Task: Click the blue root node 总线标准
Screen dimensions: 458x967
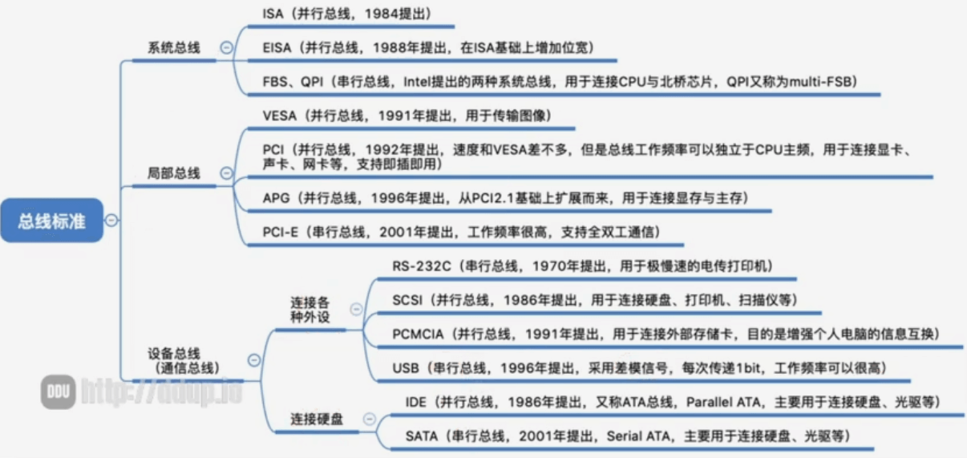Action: click(52, 220)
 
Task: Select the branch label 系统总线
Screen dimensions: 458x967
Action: click(174, 47)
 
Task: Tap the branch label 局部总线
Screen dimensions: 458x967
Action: click(174, 173)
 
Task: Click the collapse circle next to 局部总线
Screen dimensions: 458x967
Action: click(226, 173)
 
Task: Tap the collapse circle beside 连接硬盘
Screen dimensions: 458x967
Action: click(368, 418)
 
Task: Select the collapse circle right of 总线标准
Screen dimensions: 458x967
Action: click(112, 220)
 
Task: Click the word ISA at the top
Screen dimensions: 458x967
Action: click(273, 14)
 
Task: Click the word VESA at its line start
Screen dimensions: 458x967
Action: click(280, 116)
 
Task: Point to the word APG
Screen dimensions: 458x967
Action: click(277, 197)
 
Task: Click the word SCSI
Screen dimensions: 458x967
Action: click(408, 299)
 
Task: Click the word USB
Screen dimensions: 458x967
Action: click(406, 367)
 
